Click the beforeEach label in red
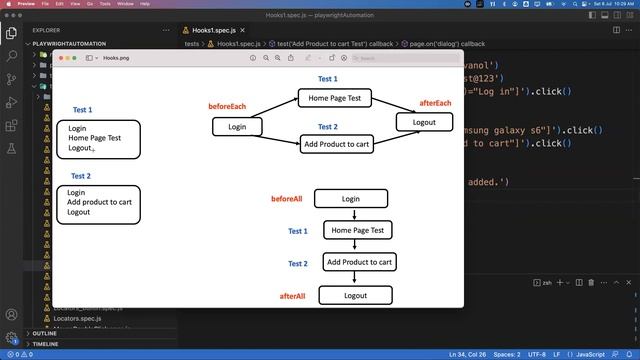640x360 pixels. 227,106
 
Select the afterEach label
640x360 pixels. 435,103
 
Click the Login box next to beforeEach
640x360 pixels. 237,127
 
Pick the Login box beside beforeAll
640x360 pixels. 351,199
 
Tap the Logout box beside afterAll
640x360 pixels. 355,296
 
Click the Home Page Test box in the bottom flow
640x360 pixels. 357,230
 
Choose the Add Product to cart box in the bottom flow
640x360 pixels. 358,262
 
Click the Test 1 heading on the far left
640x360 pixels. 83,110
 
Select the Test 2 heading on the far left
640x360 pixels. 81,176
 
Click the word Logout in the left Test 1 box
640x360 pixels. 80,148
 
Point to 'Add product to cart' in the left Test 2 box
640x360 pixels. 99,202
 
